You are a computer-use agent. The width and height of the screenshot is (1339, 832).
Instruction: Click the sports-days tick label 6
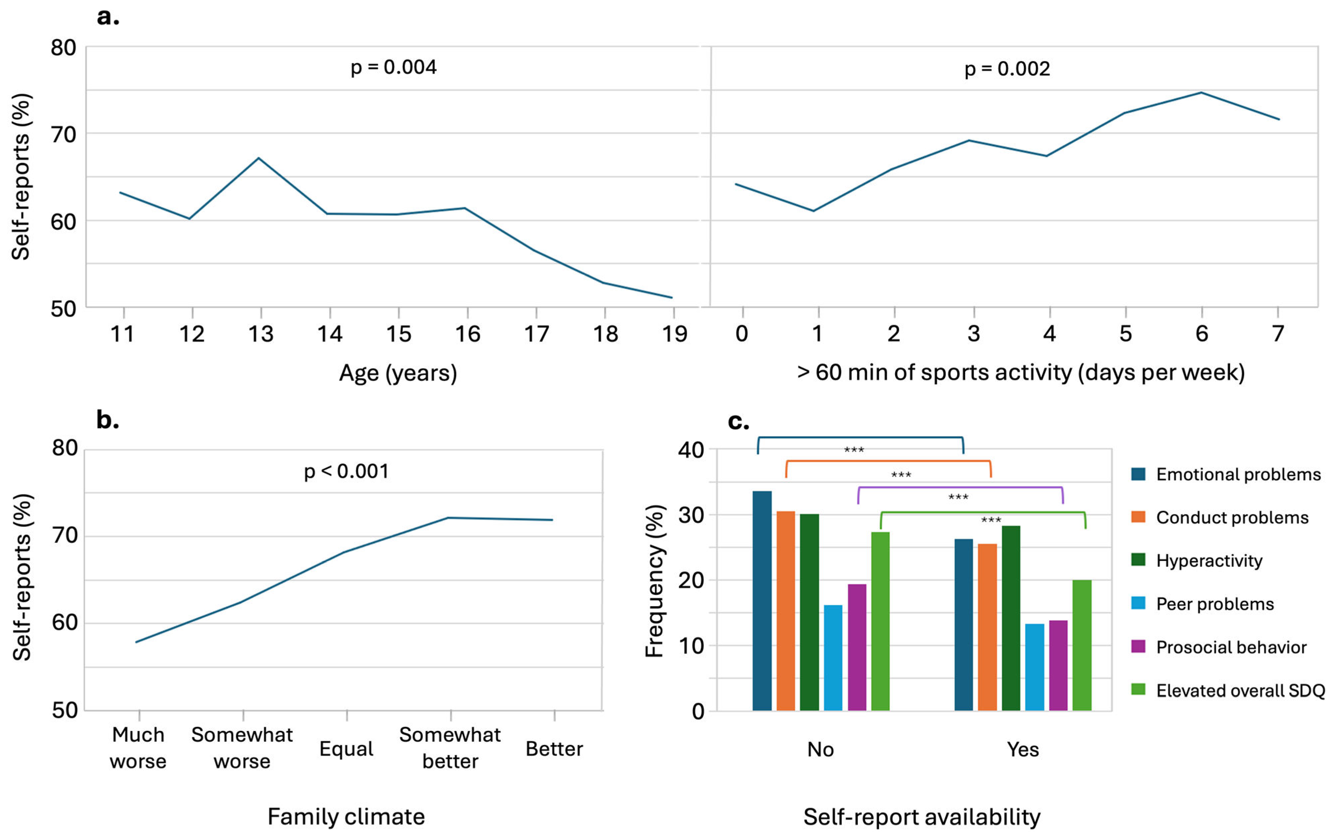click(x=1201, y=333)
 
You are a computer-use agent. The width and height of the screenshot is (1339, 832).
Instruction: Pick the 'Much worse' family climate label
click(x=138, y=748)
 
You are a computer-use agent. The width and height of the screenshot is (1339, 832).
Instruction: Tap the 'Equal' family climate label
click(x=346, y=749)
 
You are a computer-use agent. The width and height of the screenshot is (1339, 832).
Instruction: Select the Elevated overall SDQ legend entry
click(x=1240, y=691)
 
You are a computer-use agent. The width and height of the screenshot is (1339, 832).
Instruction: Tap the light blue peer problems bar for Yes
click(x=1034, y=667)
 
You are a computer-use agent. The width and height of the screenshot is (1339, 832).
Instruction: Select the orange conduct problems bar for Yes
click(x=987, y=627)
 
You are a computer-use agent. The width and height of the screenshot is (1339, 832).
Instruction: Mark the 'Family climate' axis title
click(x=346, y=817)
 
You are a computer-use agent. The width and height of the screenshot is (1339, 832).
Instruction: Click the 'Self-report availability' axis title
click(x=922, y=817)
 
